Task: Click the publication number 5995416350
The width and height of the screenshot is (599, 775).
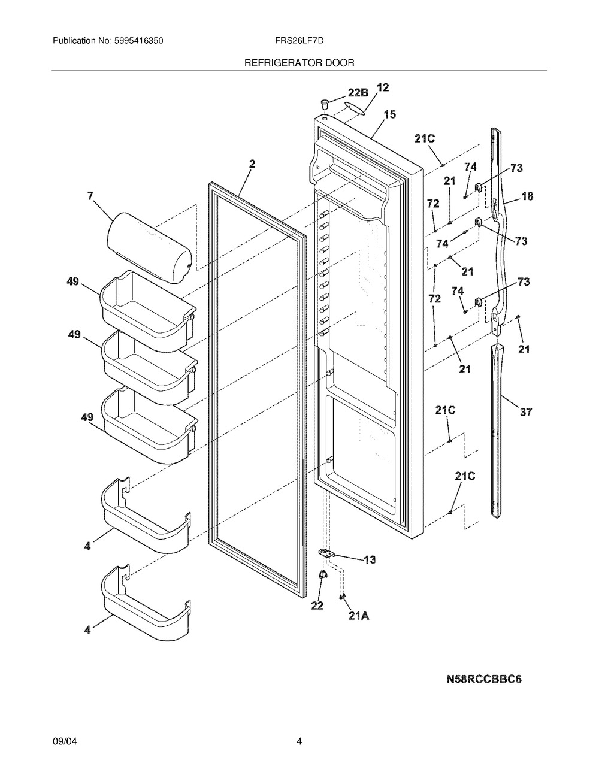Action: click(139, 41)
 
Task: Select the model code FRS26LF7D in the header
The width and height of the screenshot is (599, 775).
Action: click(299, 41)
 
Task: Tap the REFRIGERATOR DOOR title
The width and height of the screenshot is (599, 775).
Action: click(299, 63)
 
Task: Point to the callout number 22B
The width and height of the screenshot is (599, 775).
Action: click(358, 93)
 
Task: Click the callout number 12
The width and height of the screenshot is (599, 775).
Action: click(383, 87)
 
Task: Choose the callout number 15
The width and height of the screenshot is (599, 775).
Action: click(390, 114)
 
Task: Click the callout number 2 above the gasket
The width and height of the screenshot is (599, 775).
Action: click(252, 164)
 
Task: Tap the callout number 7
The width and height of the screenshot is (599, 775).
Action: click(90, 196)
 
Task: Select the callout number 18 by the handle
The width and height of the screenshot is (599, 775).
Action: click(527, 196)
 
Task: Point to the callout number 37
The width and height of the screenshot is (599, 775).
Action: click(526, 412)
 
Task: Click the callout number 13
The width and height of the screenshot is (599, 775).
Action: click(370, 560)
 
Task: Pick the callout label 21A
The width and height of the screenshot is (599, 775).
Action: click(359, 616)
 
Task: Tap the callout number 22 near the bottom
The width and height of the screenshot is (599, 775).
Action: click(317, 606)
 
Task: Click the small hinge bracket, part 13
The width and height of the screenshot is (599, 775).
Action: click(326, 553)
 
